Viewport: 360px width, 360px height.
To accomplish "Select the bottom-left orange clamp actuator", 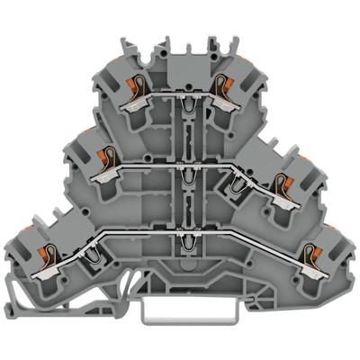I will click(27, 236).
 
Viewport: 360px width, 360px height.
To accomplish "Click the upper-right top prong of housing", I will click(217, 42).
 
